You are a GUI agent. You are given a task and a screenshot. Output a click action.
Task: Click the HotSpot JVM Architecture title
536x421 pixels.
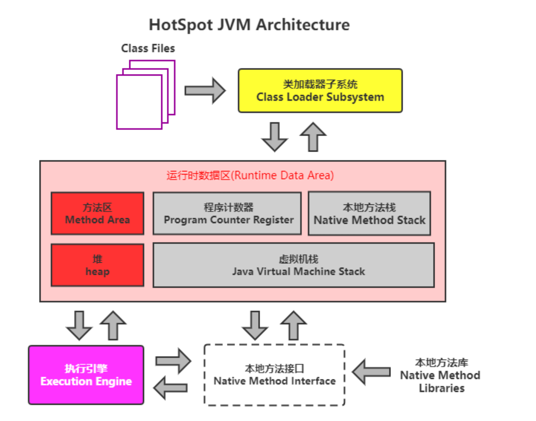click(x=249, y=25)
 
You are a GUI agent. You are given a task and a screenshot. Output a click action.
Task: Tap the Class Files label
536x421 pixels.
click(x=148, y=49)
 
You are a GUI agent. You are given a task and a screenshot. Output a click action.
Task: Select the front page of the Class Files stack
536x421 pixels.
click(x=139, y=101)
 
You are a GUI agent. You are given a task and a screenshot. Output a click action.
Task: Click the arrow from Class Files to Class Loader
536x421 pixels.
click(x=205, y=91)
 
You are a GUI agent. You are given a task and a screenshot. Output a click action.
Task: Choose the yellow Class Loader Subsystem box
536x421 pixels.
click(x=320, y=91)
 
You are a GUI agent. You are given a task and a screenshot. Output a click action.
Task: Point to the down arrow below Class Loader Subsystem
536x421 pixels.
click(x=275, y=136)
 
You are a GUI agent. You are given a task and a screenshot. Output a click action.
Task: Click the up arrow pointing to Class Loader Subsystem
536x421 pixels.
click(x=313, y=136)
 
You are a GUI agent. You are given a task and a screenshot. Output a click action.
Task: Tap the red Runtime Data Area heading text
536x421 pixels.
click(x=250, y=176)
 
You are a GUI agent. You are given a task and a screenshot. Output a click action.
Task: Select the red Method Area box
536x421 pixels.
click(x=97, y=213)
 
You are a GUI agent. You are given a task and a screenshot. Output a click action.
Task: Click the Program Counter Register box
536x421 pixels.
click(x=227, y=213)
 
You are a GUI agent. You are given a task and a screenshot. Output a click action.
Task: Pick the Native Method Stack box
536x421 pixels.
click(x=369, y=213)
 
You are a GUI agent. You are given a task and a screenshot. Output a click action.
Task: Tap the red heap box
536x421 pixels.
click(x=97, y=265)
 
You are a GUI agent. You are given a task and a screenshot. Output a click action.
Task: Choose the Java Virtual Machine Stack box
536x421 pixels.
click(x=293, y=265)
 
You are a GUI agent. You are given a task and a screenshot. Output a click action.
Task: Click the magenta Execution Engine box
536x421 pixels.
click(x=86, y=375)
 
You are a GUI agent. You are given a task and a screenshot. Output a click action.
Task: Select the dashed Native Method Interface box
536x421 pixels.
click(x=274, y=375)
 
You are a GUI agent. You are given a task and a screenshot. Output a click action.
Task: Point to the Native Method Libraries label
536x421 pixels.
click(x=440, y=375)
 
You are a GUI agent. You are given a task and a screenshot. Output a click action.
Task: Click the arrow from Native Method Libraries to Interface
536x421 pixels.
click(x=372, y=371)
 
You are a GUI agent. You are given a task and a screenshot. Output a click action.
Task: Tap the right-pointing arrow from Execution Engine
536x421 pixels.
click(x=173, y=361)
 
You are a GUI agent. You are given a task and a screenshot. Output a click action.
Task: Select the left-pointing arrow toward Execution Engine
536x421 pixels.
click(x=171, y=388)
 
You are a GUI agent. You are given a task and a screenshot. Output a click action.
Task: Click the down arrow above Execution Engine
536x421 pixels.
click(x=79, y=325)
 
